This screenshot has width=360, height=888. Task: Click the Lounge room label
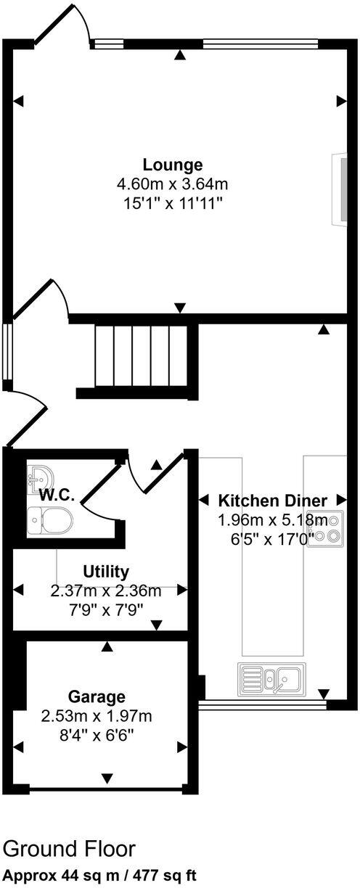(172, 164)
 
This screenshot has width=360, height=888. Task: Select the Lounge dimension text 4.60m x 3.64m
(172, 184)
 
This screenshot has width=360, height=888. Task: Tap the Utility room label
(106, 571)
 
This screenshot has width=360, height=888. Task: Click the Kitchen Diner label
(273, 501)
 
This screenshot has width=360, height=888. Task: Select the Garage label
(97, 697)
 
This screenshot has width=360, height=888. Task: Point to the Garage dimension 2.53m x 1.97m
(97, 718)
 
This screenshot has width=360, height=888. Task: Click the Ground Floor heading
(69, 849)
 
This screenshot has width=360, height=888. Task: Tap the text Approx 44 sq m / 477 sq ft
(99, 876)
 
